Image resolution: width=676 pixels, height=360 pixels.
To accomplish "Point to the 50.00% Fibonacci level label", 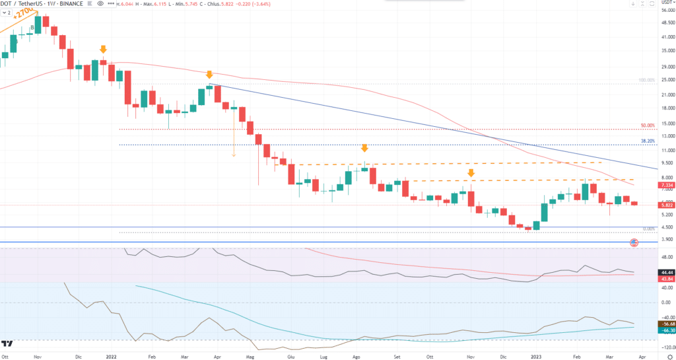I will tap(648, 126).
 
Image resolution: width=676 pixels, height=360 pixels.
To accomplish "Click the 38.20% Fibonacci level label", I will tap(648, 141).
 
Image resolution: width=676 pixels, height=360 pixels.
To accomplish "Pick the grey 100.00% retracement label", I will tap(646, 81).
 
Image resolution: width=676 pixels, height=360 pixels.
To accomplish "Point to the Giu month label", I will tap(290, 355).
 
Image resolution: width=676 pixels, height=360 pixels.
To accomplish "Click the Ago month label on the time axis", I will tap(357, 355).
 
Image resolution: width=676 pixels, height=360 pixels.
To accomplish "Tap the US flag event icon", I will tap(634, 243).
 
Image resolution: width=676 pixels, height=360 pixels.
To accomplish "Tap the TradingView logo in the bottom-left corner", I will tap(8, 343).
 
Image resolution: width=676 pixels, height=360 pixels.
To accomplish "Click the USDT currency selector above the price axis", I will tap(665, 4).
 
